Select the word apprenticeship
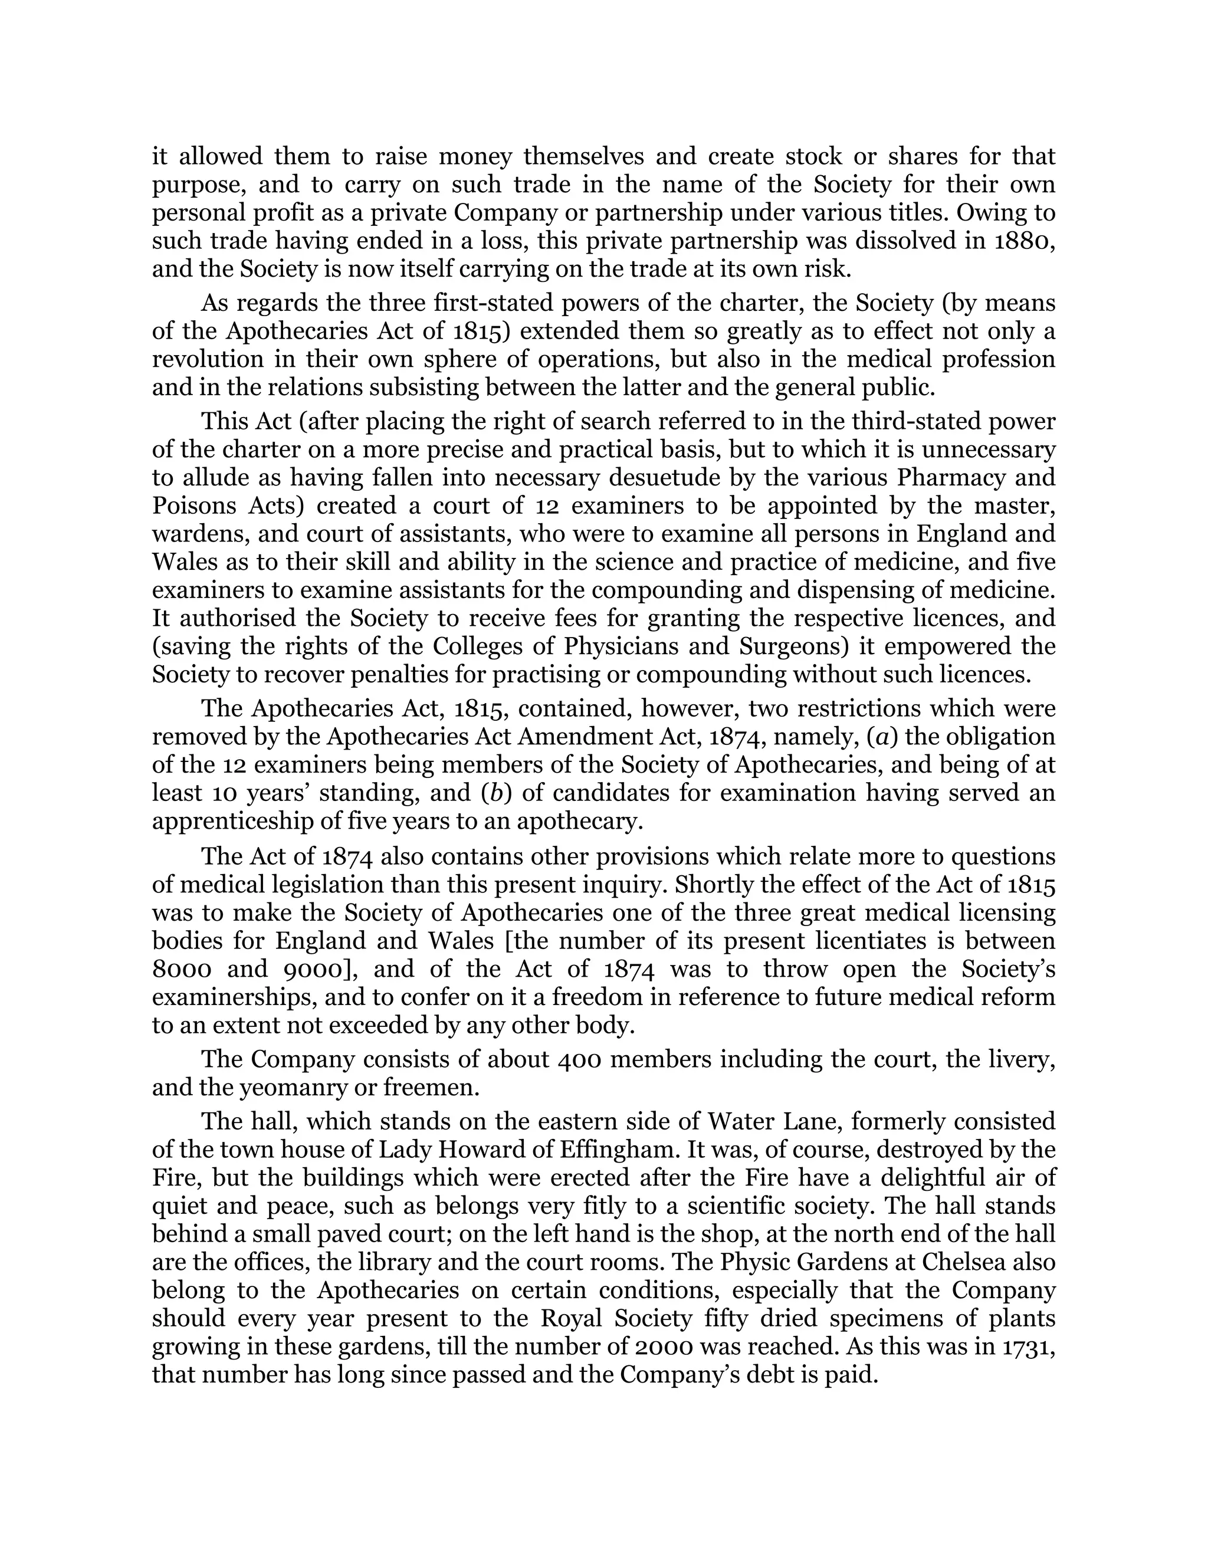point(232,822)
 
